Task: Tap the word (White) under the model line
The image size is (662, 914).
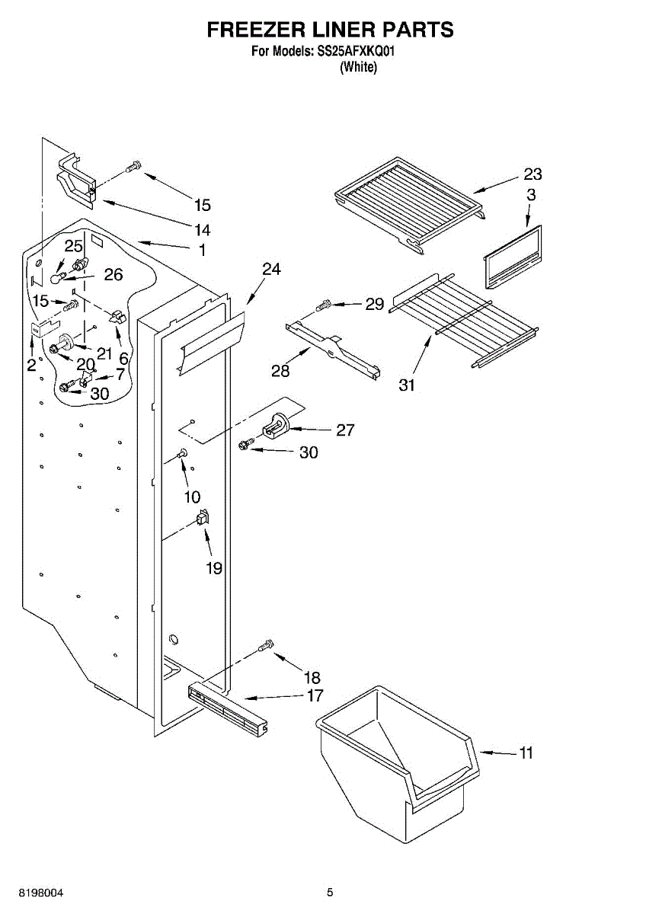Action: pos(358,67)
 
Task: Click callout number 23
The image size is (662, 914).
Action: pos(532,174)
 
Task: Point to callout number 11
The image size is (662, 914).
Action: pos(526,753)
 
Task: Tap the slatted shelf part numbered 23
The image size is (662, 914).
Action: pos(409,201)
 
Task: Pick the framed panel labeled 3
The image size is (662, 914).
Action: pos(512,257)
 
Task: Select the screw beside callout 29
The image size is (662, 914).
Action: pos(323,305)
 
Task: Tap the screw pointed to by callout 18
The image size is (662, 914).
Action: pos(265,646)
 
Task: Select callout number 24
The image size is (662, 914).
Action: pos(271,269)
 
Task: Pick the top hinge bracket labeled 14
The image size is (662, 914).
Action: pos(77,180)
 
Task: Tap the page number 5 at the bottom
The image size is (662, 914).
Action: pos(330,892)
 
